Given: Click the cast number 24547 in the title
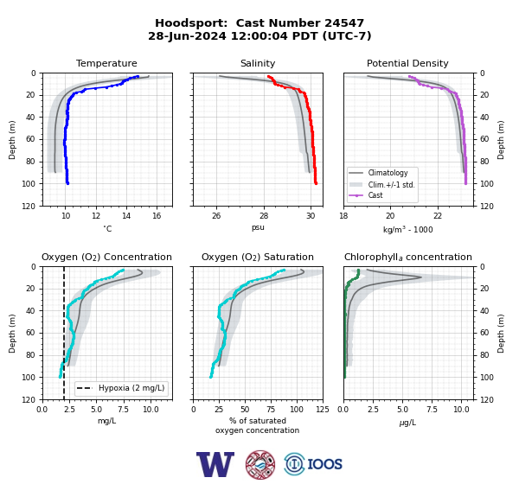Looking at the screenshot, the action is [344, 23].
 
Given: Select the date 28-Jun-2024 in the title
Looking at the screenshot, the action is [187, 35].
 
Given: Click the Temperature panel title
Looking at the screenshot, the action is [106, 63].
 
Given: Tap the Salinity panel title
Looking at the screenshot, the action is [258, 63].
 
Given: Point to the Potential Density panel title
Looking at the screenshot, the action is [407, 63].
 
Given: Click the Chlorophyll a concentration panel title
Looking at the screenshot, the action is [408, 257].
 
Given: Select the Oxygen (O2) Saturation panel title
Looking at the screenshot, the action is [258, 257].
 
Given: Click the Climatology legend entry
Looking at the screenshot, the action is [388, 173].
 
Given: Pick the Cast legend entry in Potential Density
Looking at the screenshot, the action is [375, 195].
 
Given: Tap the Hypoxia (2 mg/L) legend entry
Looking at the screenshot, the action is [131, 388].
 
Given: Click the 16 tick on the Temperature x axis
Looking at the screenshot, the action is [157, 216].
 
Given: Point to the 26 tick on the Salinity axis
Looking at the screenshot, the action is [216, 216].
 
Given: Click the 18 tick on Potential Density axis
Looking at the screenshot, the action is [343, 216].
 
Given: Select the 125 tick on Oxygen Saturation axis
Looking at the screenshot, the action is [323, 410].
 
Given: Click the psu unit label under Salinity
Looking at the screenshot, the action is [258, 227].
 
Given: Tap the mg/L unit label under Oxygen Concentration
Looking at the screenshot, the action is [106, 421].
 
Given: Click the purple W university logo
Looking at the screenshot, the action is [215, 464].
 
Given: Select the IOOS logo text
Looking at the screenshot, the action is [324, 464].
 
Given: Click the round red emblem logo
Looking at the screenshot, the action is [260, 464].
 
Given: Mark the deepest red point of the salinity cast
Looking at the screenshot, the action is [316, 183].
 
